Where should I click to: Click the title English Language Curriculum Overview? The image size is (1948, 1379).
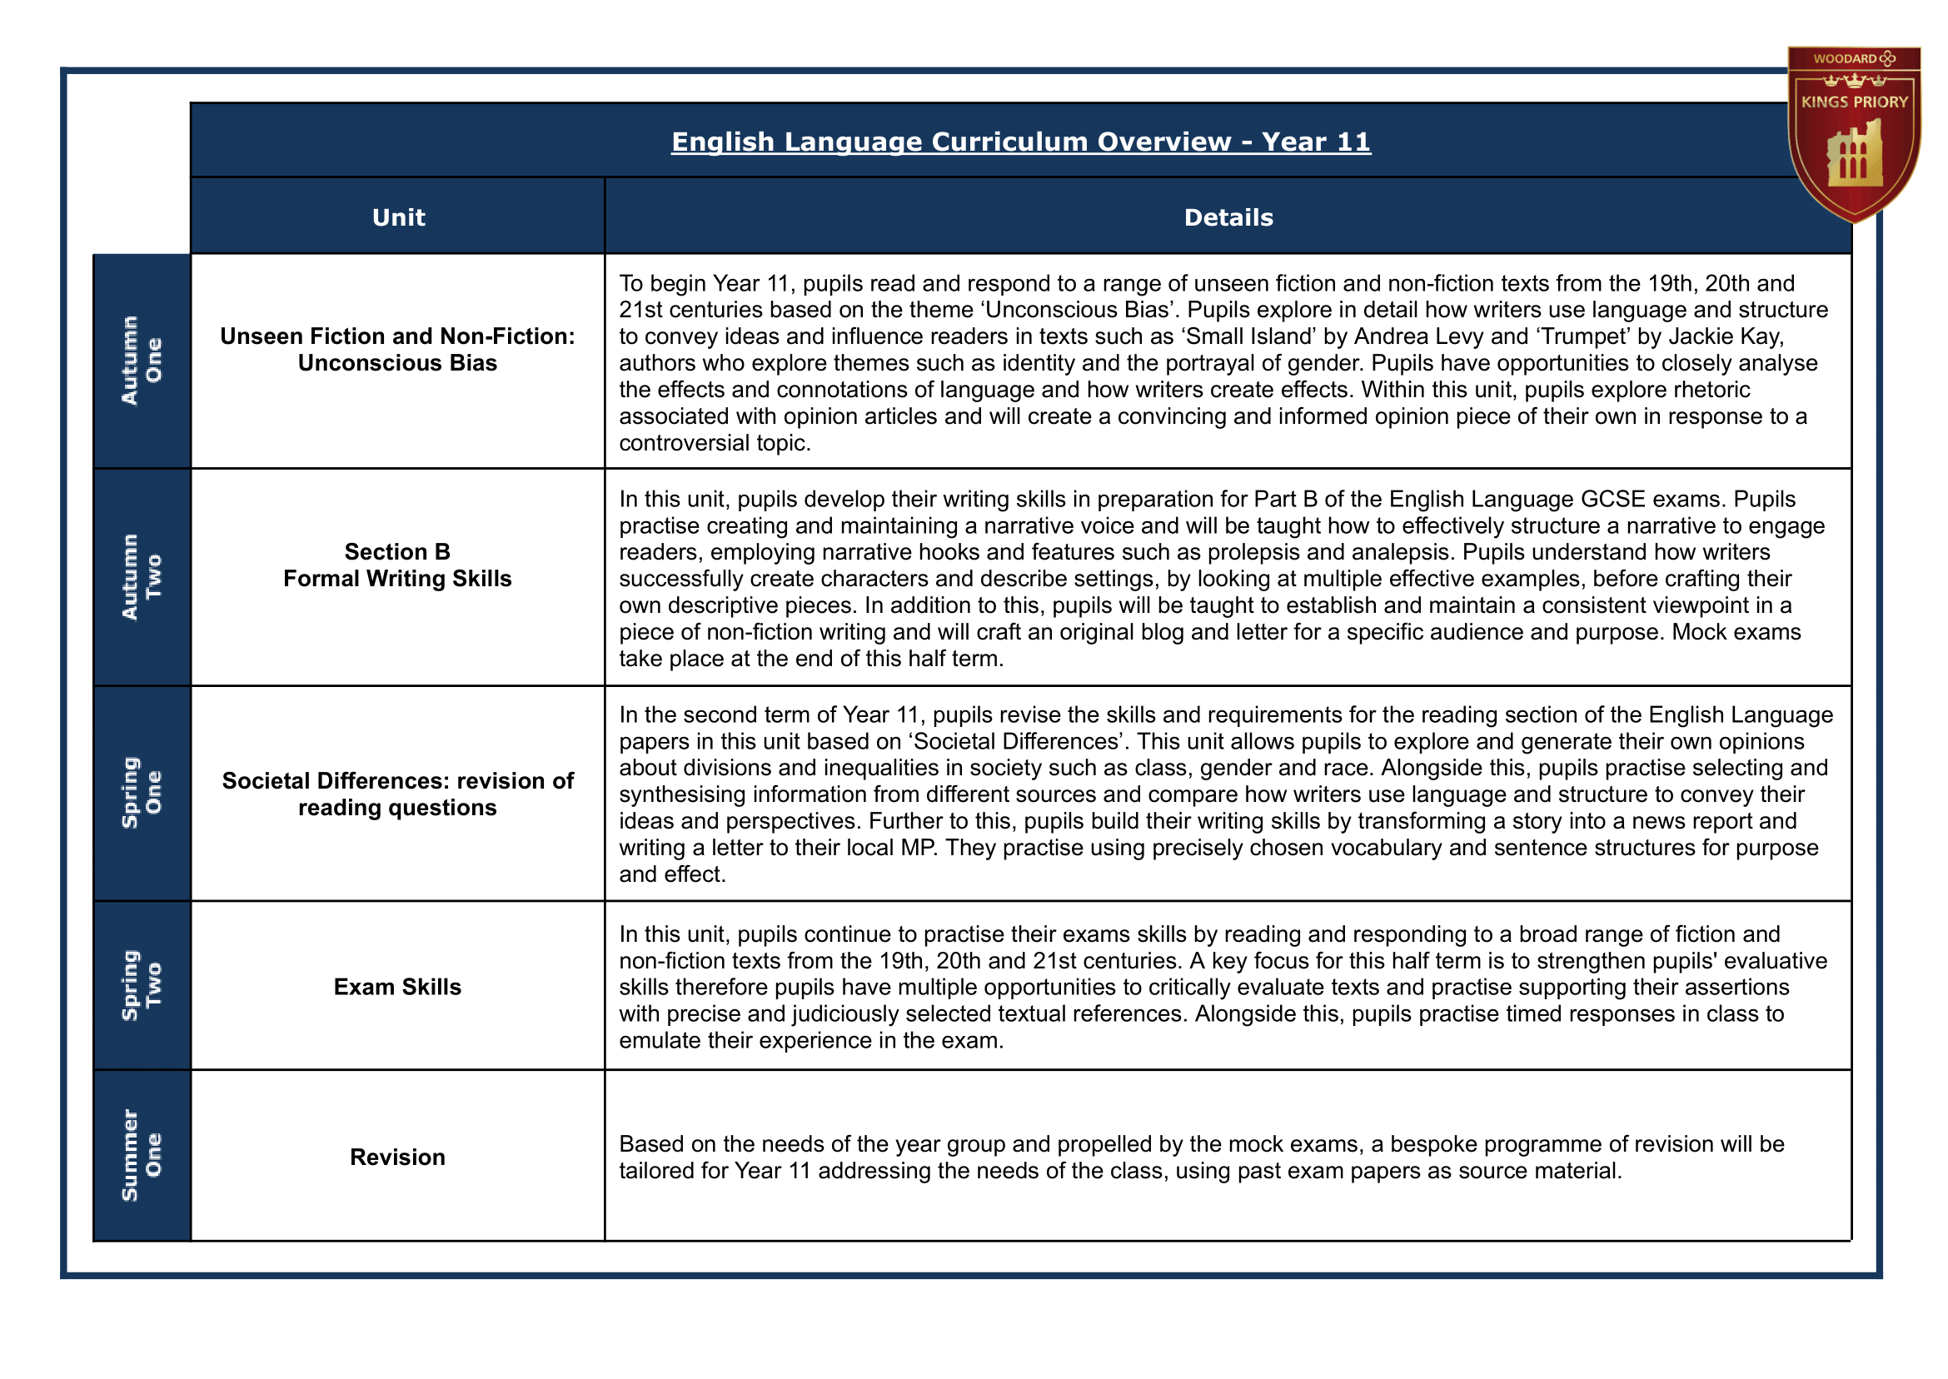click(x=1020, y=142)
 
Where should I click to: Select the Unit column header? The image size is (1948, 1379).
click(x=398, y=217)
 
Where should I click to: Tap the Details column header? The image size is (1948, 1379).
click(x=1228, y=217)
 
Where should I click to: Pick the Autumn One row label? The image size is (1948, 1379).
click(x=142, y=360)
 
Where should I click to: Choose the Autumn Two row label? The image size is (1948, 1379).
click(x=142, y=576)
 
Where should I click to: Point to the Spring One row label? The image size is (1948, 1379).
click(x=142, y=792)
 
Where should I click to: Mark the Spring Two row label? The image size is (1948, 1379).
click(x=142, y=985)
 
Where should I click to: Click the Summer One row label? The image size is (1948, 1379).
click(x=142, y=1156)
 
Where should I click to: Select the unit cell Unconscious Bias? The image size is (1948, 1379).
click(x=397, y=350)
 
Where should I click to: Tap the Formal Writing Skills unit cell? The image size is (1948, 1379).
click(x=397, y=565)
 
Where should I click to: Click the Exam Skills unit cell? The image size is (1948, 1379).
click(x=397, y=987)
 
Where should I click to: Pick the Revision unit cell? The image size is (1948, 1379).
click(x=397, y=1157)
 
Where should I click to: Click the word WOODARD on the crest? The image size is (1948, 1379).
click(x=1845, y=58)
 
